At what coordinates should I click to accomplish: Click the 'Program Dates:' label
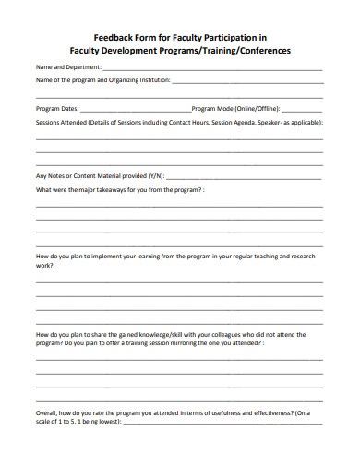[x=57, y=108]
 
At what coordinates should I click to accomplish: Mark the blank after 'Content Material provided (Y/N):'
[x=231, y=177]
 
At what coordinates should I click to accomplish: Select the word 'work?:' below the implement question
[x=45, y=265]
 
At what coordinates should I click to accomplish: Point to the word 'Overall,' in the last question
[x=47, y=412]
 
